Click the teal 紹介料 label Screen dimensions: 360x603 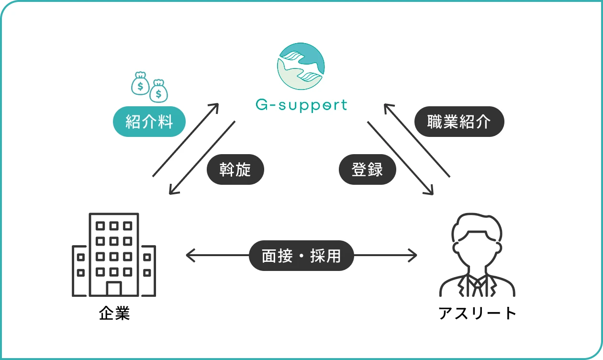click(149, 122)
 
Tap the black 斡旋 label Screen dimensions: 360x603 click(235, 169)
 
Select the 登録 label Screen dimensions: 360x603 click(367, 169)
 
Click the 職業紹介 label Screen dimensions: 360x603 click(459, 122)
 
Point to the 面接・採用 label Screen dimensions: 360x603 click(301, 256)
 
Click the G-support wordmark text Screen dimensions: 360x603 click(301, 104)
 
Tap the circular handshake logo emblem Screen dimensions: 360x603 click(301, 66)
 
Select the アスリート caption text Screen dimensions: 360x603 click(477, 314)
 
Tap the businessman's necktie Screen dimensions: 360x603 click(477, 287)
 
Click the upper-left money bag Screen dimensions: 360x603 click(140, 83)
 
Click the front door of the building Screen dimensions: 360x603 click(114, 289)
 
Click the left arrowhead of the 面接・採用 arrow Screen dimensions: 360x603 click(189, 256)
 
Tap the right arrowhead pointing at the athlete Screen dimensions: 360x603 click(414, 256)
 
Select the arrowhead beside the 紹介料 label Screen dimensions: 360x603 click(216, 106)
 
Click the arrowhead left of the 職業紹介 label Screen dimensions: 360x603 click(387, 106)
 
